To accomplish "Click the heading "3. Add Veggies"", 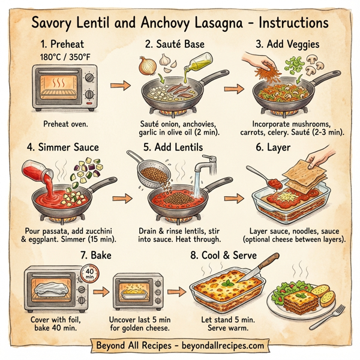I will [x=287, y=44].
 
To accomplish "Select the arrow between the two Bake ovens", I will [x=101, y=293].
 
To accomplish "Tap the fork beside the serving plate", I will [x=338, y=316].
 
